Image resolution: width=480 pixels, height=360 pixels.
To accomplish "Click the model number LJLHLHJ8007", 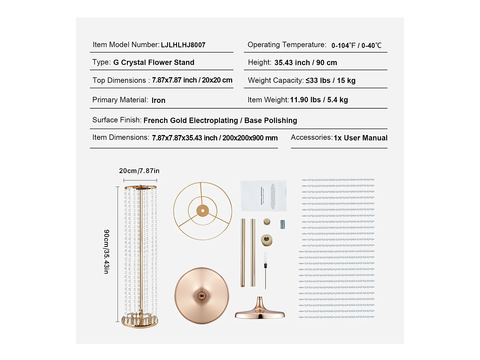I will pyautogui.click(x=183, y=45).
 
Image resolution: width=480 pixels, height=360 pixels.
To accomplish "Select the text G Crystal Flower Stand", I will pyautogui.click(x=154, y=62).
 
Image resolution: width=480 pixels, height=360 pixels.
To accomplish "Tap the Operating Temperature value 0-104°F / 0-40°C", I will pyautogui.click(x=356, y=46).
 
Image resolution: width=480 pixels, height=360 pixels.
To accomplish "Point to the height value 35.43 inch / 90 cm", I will pyautogui.click(x=305, y=63).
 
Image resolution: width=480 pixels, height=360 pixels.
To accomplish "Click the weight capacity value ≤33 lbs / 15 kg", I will pyautogui.click(x=330, y=80).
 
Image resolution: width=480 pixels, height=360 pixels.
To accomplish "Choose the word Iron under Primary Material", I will pyautogui.click(x=158, y=100).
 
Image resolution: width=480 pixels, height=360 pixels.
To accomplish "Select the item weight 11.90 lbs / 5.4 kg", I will pyautogui.click(x=319, y=100).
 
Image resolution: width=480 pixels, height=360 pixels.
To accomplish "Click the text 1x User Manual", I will pyautogui.click(x=360, y=138).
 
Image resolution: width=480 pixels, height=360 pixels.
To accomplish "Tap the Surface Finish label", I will pyautogui.click(x=117, y=120).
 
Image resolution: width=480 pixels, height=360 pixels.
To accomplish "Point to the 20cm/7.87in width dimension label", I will pyautogui.click(x=139, y=171).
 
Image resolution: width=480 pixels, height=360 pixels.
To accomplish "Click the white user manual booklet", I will pyautogui.click(x=263, y=196).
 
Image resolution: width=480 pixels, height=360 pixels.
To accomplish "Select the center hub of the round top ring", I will pyautogui.click(x=203, y=211).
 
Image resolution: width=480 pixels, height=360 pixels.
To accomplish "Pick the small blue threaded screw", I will pyautogui.click(x=282, y=224).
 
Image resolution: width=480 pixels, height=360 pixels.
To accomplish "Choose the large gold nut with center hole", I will pyautogui.click(x=266, y=240).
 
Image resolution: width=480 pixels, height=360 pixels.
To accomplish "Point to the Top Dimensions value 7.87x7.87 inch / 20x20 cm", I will pyautogui.click(x=192, y=80).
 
